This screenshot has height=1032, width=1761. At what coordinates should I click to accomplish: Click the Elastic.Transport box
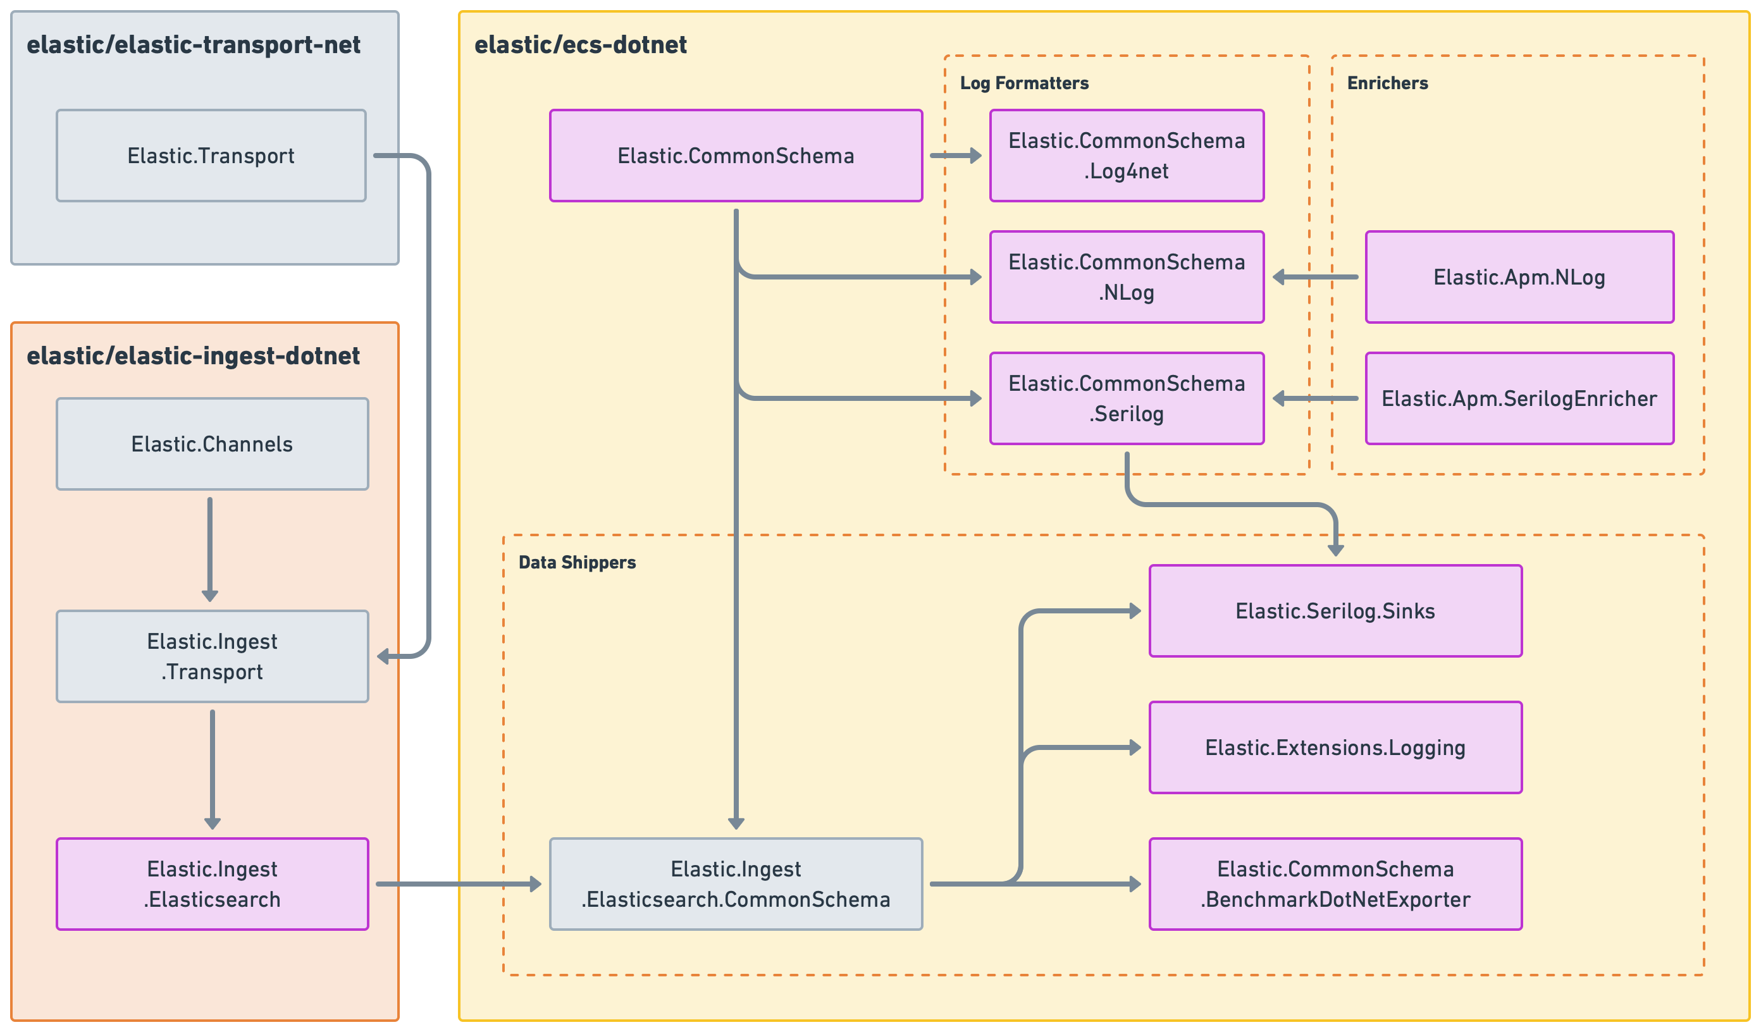(211, 155)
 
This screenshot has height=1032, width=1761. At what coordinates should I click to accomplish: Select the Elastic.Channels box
(212, 444)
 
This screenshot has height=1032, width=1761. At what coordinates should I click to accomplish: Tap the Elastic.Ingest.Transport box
(212, 656)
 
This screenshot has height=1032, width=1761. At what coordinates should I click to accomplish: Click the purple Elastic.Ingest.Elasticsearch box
(212, 884)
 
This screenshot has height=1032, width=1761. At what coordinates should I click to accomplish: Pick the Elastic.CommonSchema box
(735, 155)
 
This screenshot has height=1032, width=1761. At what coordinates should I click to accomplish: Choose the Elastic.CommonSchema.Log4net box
(1127, 155)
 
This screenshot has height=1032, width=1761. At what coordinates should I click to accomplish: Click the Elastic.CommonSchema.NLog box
(1127, 277)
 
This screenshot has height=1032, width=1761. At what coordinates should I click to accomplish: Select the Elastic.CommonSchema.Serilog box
(1127, 398)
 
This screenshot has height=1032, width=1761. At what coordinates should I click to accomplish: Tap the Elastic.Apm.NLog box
(1519, 277)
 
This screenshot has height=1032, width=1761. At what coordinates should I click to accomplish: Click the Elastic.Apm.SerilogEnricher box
(1519, 398)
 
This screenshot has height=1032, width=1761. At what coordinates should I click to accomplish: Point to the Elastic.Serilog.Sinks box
(1335, 611)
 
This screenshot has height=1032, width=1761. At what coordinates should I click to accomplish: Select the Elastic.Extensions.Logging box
(1335, 747)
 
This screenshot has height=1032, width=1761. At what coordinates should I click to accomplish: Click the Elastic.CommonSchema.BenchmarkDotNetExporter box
(1335, 884)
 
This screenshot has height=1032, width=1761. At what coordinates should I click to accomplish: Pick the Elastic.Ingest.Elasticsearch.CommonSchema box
(735, 884)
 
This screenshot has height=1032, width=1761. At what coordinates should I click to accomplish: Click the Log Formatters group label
(1023, 83)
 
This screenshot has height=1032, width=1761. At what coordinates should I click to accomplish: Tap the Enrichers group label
(1387, 83)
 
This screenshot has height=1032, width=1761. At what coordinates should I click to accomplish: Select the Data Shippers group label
(578, 562)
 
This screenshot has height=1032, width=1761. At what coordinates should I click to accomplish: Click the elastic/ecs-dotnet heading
(580, 45)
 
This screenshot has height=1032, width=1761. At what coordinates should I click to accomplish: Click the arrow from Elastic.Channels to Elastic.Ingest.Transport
(209, 548)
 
